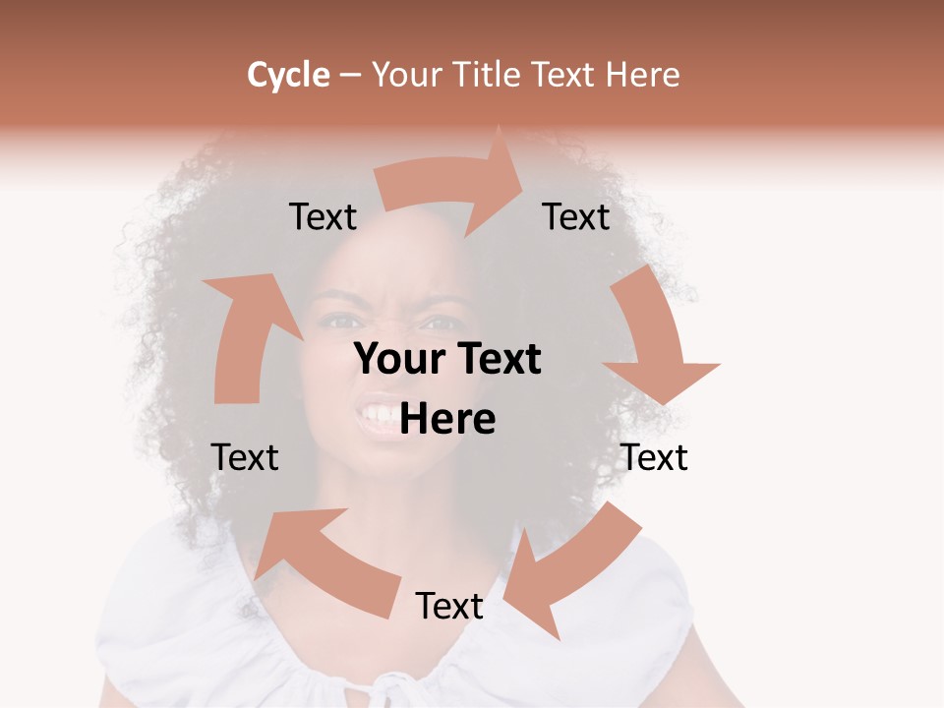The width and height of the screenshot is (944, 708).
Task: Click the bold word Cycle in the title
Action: click(288, 75)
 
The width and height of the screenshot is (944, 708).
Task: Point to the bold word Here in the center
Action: click(448, 420)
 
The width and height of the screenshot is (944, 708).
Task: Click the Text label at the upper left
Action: click(323, 217)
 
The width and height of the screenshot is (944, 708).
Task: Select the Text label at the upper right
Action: click(576, 217)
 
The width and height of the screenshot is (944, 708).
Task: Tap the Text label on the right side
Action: click(655, 457)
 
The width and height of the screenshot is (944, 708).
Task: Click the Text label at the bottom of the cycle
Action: click(449, 606)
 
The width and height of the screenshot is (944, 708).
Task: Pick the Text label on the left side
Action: click(246, 457)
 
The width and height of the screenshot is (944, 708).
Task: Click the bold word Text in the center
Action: click(496, 360)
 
